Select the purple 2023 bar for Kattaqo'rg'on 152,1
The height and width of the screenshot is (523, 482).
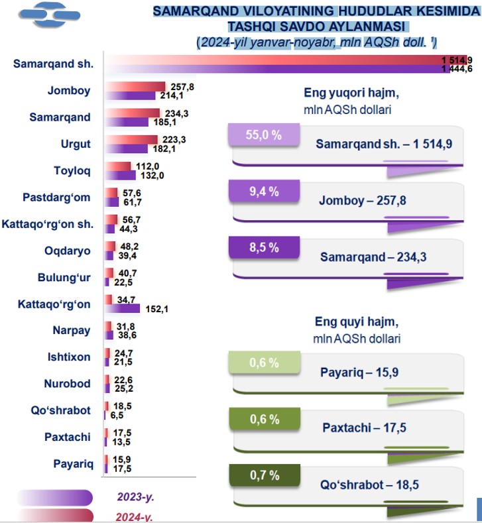coord(123,308)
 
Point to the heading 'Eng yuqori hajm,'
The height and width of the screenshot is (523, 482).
coord(351,93)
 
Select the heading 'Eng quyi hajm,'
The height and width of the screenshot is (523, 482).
coord(355,322)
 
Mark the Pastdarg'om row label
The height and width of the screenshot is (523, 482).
coord(57,197)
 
